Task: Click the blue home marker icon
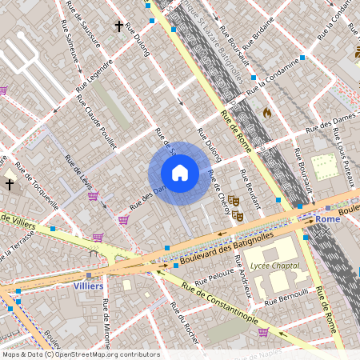(x=180, y=173)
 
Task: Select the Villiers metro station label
(x=88, y=286)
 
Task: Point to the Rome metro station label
(x=328, y=218)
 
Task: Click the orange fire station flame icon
(x=267, y=113)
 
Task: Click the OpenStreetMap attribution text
(x=80, y=354)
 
